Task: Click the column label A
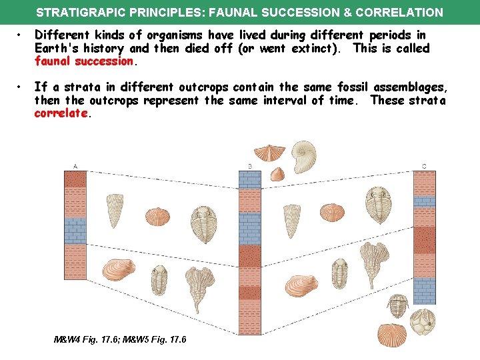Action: (x=75, y=167)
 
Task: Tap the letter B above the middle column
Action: (x=249, y=166)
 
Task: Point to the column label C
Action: (x=424, y=166)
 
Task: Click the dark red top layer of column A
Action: (x=76, y=179)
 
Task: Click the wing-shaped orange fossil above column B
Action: (x=273, y=153)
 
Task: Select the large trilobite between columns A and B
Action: (x=204, y=223)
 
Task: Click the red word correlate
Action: (x=61, y=113)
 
